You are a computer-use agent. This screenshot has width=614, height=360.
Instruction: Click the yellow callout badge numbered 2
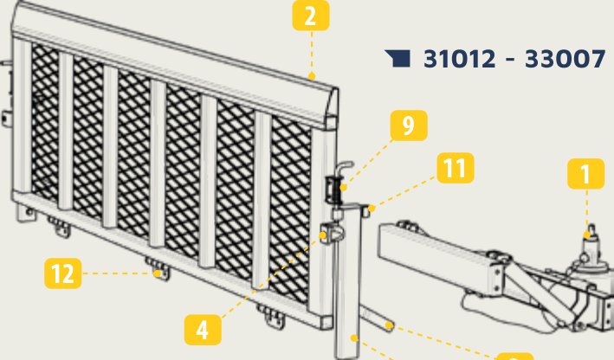pos(311,16)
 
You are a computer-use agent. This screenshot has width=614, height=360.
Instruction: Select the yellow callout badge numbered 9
pos(409,125)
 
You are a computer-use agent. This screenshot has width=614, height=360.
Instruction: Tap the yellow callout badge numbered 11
pos(456,168)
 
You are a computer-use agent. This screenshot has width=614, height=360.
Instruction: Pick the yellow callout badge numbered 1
pos(585,174)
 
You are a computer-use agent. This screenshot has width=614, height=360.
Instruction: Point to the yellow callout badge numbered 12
pos(63,273)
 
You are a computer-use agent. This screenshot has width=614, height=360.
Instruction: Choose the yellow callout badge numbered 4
pos(203,330)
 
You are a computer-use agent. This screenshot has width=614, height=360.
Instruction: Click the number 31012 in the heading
pos(459,59)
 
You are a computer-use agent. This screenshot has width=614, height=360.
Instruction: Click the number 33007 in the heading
pos(565,59)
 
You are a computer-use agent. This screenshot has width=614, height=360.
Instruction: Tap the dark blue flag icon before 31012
pos(397,59)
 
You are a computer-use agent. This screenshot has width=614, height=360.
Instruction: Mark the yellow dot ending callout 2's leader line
pos(311,76)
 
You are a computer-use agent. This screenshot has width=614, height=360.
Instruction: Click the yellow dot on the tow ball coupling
pos(586,235)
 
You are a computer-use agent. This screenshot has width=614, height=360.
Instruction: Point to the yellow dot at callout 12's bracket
pos(157,273)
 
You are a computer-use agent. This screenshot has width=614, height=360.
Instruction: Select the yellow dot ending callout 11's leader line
pos(372,209)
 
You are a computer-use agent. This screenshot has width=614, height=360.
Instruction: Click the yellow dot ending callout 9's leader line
pos(344,187)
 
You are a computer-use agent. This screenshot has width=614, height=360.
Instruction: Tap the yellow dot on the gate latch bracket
pos(323,235)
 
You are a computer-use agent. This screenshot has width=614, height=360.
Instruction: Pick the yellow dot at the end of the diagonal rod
pos(389,325)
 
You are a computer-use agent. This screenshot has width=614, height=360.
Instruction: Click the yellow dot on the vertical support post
pos(353,337)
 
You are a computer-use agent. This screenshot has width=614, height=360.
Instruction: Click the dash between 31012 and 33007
pos(510,60)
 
